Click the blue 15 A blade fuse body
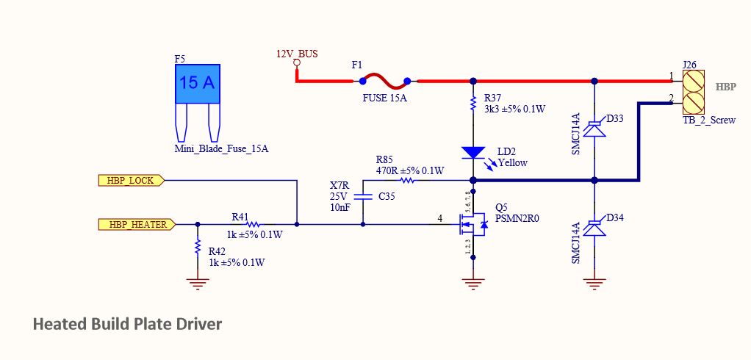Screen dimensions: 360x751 pyautogui.click(x=198, y=83)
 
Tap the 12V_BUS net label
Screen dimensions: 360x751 pyautogui.click(x=296, y=54)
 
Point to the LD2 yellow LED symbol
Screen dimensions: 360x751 pyautogui.click(x=473, y=153)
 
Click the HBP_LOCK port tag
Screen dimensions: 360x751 pyautogui.click(x=132, y=179)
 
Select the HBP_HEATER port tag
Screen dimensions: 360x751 pyautogui.click(x=136, y=225)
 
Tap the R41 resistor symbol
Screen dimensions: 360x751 pyautogui.click(x=254, y=225)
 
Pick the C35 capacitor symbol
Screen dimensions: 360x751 pyautogui.click(x=363, y=197)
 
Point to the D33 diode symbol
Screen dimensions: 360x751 pyautogui.click(x=594, y=127)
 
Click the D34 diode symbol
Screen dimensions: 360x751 pyautogui.click(x=594, y=228)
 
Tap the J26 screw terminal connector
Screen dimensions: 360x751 pyautogui.click(x=693, y=88)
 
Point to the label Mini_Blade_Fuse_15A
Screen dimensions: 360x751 pyautogui.click(x=221, y=148)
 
